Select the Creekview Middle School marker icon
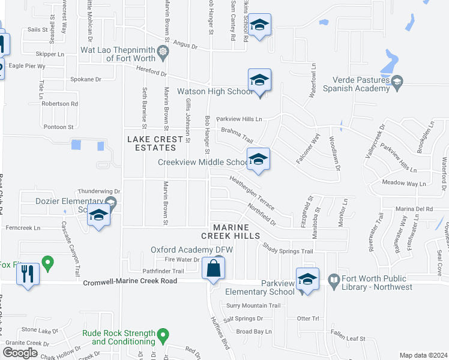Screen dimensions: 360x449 (258, 159)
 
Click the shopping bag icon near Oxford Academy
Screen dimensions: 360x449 (213, 268)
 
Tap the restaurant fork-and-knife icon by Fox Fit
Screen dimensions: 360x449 (28, 274)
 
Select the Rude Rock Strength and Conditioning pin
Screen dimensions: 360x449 (162, 334)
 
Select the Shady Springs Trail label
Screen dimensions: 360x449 (288, 248)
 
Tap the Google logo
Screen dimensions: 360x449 (20, 352)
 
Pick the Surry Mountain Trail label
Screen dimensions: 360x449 (253, 305)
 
